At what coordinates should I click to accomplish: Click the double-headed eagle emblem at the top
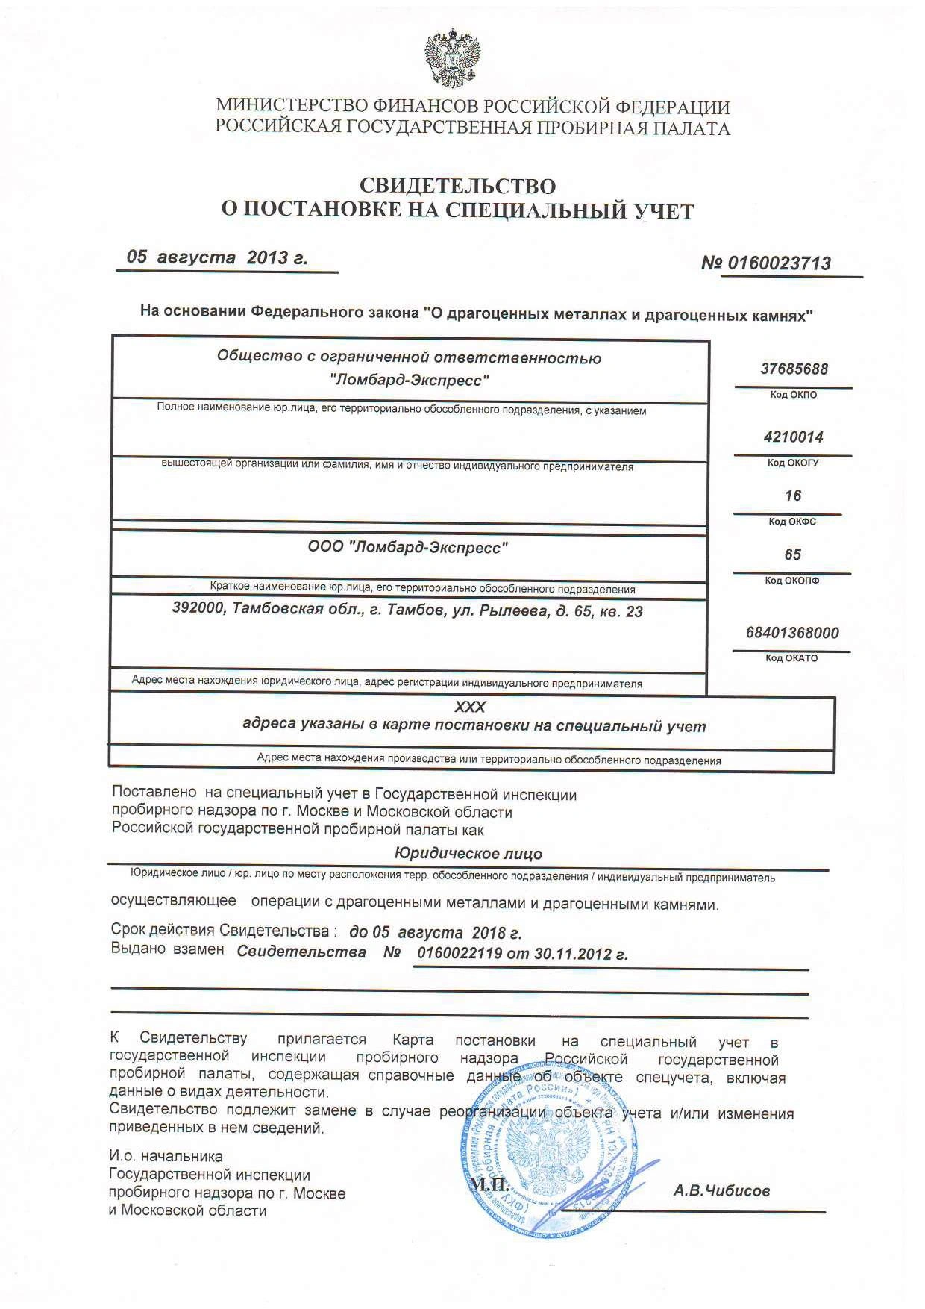tap(453, 59)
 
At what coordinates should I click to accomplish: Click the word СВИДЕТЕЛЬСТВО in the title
tap(458, 185)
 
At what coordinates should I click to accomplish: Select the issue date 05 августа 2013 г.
tap(217, 257)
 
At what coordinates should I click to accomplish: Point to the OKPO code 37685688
tap(794, 369)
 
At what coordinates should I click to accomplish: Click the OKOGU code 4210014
tap(793, 437)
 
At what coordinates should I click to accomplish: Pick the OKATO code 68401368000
tap(791, 633)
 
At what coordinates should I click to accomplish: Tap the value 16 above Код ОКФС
tap(792, 496)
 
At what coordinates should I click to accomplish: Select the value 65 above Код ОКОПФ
tap(792, 554)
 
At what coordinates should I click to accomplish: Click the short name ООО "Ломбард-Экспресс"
tap(408, 548)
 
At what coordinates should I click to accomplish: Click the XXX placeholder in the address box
tap(469, 707)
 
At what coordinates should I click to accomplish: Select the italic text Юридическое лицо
tap(468, 853)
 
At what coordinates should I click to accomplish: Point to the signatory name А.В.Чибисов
tap(721, 1191)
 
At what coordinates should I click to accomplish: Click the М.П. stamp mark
tap(489, 1185)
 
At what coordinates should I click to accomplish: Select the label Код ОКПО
tap(793, 395)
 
